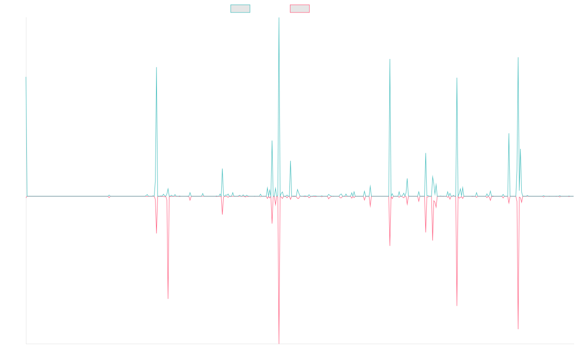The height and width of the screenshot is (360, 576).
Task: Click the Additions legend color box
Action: (x=240, y=9)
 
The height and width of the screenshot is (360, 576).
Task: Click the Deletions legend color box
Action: (x=300, y=9)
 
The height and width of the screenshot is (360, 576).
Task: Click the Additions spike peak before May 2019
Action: (x=156, y=67)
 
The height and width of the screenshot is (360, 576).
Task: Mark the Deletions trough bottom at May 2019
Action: (x=168, y=299)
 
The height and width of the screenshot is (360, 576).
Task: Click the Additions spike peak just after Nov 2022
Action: (x=390, y=59)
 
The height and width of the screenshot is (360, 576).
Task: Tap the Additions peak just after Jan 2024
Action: (x=457, y=78)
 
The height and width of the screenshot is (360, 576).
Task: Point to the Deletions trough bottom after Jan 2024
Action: (x=457, y=306)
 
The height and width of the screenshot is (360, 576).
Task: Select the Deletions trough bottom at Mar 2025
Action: (x=518, y=329)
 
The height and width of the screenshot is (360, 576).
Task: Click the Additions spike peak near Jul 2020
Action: (x=222, y=169)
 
